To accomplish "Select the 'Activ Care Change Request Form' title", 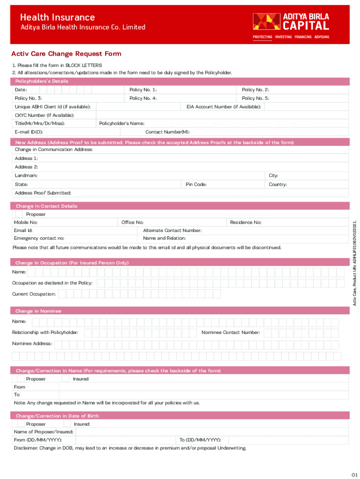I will coord(66,54).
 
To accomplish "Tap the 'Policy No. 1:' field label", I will coord(143,90).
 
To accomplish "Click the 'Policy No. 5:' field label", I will coord(255,98).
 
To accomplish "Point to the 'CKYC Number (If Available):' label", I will coord(44,115).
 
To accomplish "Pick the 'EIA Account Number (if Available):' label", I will coord(224,107).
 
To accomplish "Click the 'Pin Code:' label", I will coord(196,184).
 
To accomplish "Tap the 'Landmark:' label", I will coord(26,175).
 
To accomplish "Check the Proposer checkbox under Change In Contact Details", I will coord(19,214).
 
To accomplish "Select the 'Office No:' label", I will coord(132,223).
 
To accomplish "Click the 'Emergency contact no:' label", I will coord(39,239).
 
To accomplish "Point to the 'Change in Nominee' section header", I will coord(38,311).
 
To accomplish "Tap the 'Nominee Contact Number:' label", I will coord(231,333).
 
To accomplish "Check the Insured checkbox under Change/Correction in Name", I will coord(65,378).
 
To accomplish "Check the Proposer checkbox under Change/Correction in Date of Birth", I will coord(21,424).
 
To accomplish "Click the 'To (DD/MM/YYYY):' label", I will coord(201,440).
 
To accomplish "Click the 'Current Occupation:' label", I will coord(34,294).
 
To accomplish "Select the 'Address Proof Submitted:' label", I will coord(43,193).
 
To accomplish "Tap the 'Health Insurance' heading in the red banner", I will coord(57,17).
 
